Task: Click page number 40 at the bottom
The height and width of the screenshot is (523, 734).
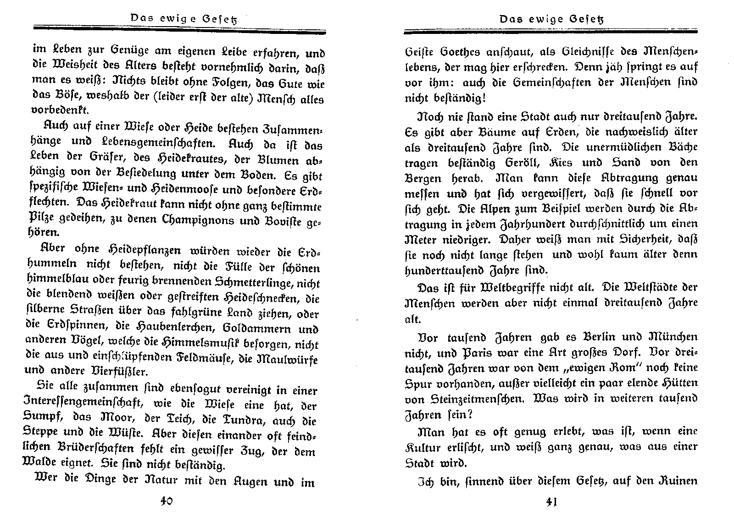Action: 166,501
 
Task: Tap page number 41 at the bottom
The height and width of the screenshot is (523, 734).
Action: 551,502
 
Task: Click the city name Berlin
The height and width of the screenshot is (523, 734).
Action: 591,337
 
